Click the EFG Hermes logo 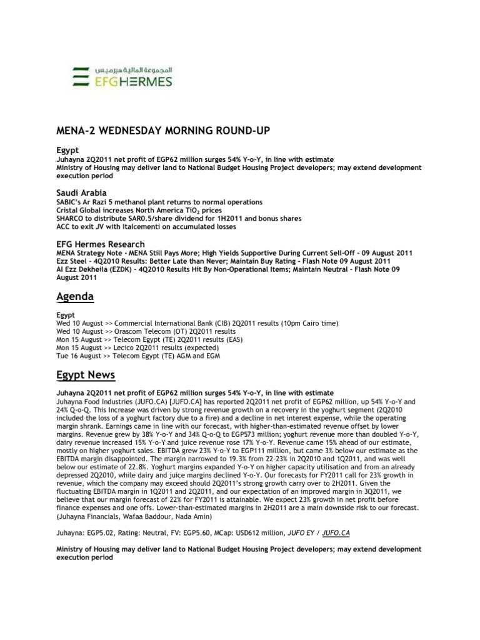(122, 75)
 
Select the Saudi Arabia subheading (81, 192)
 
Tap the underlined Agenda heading (76, 296)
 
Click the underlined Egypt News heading (86, 375)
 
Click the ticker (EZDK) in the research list (122, 268)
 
